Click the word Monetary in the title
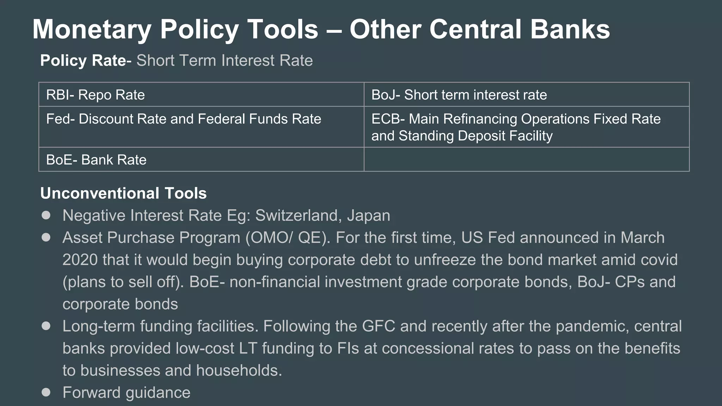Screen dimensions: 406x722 point(92,30)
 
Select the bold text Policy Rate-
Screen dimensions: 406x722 point(86,60)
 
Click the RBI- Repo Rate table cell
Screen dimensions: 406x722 point(201,94)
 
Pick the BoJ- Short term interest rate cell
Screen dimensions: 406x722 point(526,94)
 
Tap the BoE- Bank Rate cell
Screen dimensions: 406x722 point(201,160)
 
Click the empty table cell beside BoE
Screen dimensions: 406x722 point(526,160)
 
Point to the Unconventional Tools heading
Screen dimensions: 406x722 point(123,193)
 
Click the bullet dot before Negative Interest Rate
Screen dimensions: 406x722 point(46,215)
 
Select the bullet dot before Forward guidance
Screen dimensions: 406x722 point(46,392)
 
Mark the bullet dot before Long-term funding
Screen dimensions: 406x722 point(46,326)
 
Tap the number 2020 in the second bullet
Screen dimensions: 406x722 point(80,260)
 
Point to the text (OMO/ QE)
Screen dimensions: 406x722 point(288,238)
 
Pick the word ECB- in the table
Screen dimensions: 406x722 point(388,119)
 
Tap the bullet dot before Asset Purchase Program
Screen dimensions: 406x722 point(46,238)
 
